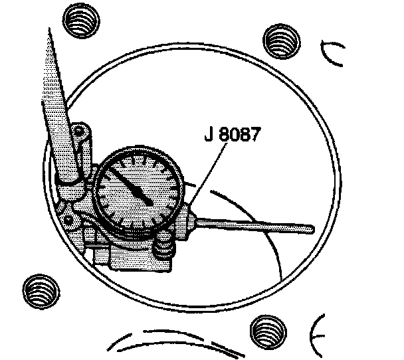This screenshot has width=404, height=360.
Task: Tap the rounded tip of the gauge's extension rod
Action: pos(309,229)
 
